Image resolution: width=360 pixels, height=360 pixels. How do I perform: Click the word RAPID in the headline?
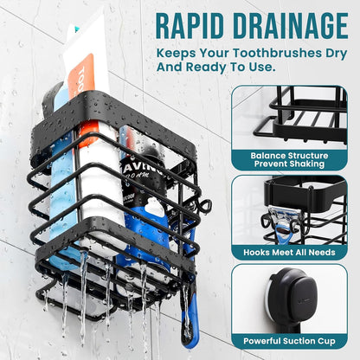coord(190,26)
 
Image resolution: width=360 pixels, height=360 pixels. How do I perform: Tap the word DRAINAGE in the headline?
coord(291,26)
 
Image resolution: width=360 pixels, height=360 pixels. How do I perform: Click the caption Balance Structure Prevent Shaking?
coord(289,160)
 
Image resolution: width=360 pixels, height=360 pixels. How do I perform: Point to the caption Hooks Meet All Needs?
coord(289,253)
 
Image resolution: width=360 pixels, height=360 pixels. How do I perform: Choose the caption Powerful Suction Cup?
coord(289,341)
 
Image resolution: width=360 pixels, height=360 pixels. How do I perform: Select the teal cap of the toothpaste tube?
coord(76,29)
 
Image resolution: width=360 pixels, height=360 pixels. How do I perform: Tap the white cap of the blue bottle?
coord(154,205)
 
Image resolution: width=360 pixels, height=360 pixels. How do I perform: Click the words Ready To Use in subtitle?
coord(229,67)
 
